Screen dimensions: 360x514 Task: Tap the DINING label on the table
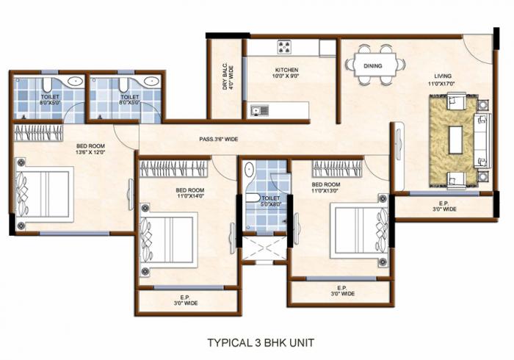tap(373, 65)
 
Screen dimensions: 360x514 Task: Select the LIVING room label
tap(442, 75)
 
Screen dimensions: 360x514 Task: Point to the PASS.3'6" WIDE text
tap(219, 139)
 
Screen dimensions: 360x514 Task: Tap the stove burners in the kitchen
tap(284, 48)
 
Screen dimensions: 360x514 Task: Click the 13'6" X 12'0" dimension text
tap(91, 153)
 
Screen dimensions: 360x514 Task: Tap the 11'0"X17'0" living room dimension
tap(443, 84)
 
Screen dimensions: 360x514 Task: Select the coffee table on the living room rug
tap(457, 140)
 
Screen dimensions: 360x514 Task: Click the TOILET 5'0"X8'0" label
tap(270, 201)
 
